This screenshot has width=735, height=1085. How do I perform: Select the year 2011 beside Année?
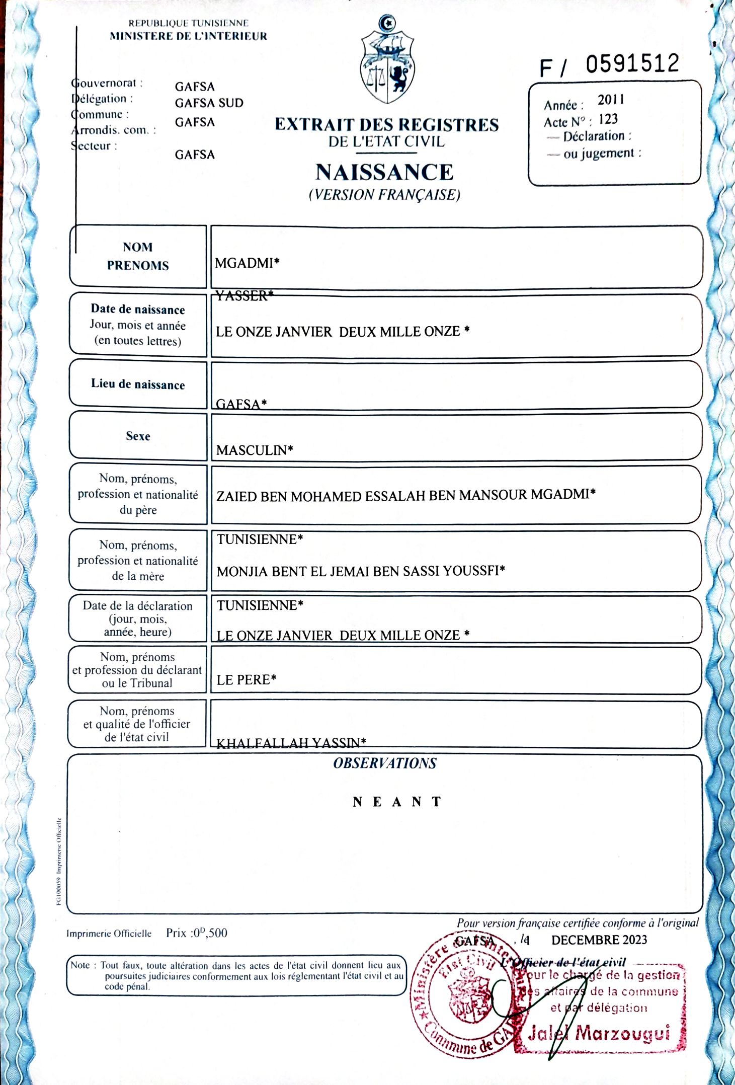tap(611, 100)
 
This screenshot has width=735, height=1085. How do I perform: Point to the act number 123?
tap(608, 119)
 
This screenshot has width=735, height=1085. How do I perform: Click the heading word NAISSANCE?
tap(384, 172)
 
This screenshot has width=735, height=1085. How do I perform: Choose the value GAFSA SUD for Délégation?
tap(209, 103)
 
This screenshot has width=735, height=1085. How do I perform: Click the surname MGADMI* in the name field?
tap(247, 263)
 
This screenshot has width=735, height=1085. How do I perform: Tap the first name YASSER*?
tap(244, 296)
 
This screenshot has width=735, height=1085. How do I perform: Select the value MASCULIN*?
tap(255, 450)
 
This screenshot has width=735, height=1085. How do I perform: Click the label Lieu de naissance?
tap(138, 384)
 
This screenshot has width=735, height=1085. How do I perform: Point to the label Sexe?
tap(138, 436)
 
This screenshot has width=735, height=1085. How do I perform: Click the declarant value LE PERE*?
tap(247, 680)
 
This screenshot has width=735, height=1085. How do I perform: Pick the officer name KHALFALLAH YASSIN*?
tap(291, 743)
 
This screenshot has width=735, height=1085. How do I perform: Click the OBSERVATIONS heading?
tap(384, 763)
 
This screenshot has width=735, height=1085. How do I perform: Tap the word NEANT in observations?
tap(397, 802)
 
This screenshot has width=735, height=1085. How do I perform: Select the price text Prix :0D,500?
tap(197, 933)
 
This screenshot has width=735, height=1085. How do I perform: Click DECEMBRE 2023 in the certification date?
tap(599, 940)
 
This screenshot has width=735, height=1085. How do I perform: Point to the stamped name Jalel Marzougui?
tap(599, 1034)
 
